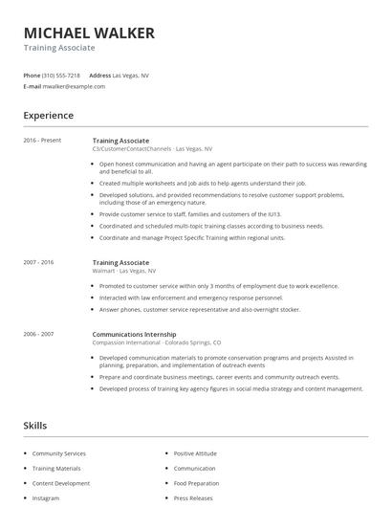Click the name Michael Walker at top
[89, 33]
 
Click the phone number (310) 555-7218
[61, 75]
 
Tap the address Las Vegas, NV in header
[131, 75]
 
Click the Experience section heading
[48, 116]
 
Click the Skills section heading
[35, 425]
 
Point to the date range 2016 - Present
[42, 141]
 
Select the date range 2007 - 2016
[39, 262]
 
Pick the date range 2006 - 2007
[39, 334]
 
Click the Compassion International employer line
[157, 342]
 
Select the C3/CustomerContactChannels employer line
[153, 149]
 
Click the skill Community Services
[59, 453]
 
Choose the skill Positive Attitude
[195, 453]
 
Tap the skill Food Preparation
[196, 483]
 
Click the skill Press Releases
[192, 498]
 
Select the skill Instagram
[46, 498]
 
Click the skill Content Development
[61, 483]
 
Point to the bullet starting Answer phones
[200, 310]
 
